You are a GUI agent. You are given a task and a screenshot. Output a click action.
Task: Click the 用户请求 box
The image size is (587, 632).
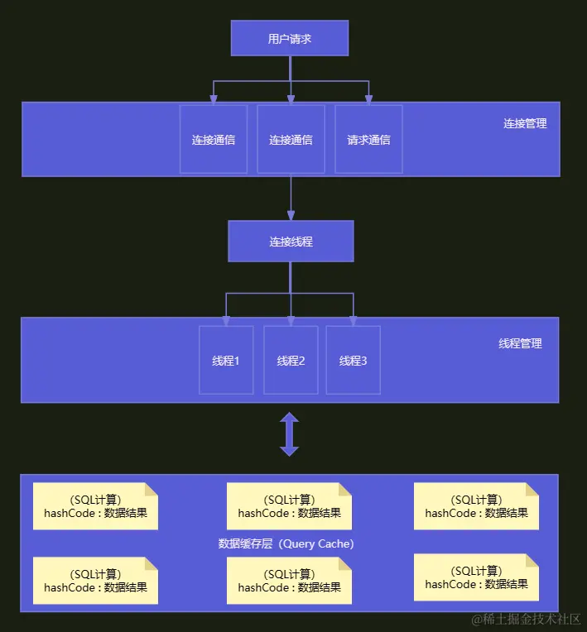point(290,38)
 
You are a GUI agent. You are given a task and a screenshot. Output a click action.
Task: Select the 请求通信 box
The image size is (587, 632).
point(368,139)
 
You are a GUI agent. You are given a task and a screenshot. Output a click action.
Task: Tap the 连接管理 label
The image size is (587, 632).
point(525,123)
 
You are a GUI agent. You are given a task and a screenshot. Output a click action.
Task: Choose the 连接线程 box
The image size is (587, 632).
point(291,242)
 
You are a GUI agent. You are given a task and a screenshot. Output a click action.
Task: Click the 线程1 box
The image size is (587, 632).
point(226,360)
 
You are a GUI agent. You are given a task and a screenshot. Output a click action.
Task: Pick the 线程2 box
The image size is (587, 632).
point(291,360)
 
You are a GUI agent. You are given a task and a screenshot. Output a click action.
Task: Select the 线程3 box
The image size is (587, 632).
point(353,360)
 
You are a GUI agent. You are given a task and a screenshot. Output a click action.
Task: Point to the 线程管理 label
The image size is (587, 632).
point(520,343)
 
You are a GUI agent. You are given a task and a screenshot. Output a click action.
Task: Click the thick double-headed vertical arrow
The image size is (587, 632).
point(289,434)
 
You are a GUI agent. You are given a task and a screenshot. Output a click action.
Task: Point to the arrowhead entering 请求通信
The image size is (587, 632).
point(368,100)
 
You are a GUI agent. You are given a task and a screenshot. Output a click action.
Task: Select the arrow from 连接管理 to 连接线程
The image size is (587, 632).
point(291,199)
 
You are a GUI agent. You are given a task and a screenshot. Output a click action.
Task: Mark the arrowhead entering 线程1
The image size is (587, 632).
point(226,321)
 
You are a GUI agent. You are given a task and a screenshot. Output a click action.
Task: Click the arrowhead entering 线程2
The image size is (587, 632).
point(291,321)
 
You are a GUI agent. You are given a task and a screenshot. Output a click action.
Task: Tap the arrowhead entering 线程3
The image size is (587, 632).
point(353,321)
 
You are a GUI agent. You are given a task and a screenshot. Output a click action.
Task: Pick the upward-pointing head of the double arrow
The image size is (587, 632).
point(289,419)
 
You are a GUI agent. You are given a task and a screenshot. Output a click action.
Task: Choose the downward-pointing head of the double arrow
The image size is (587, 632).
point(289,451)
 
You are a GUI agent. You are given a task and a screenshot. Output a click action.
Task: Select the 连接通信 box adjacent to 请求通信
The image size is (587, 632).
point(291,139)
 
